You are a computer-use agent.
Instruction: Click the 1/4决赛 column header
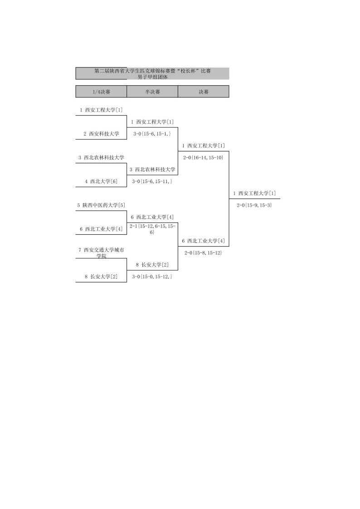coord(101,92)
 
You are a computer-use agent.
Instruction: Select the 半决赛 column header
coord(152,92)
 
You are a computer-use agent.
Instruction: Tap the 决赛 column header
coord(203,92)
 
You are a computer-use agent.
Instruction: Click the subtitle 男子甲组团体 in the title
coord(153,77)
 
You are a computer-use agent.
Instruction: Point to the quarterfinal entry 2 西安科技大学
coord(101,134)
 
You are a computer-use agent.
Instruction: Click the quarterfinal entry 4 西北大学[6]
coord(101,181)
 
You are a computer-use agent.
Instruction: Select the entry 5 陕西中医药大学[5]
coord(101,205)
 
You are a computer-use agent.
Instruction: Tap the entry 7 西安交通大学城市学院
coord(101,253)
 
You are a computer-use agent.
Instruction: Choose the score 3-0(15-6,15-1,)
coord(152,134)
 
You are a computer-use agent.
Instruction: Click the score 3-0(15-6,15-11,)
coord(152,181)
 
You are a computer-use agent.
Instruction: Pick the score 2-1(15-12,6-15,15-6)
coord(152,229)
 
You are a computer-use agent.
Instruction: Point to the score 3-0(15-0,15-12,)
coord(152,276)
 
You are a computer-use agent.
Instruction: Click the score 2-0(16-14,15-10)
coord(203,157)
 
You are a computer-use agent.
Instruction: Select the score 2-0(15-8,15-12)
coord(203,252)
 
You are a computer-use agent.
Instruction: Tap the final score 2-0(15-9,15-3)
coord(254,205)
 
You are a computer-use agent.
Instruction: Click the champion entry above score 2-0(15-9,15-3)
coord(254,194)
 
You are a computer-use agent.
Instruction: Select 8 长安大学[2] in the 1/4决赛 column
coord(101,276)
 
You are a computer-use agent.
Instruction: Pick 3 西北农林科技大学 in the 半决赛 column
coord(152,170)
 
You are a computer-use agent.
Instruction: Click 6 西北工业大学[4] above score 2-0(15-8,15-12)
coord(203,241)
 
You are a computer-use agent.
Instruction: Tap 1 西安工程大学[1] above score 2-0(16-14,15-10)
coord(203,145)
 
